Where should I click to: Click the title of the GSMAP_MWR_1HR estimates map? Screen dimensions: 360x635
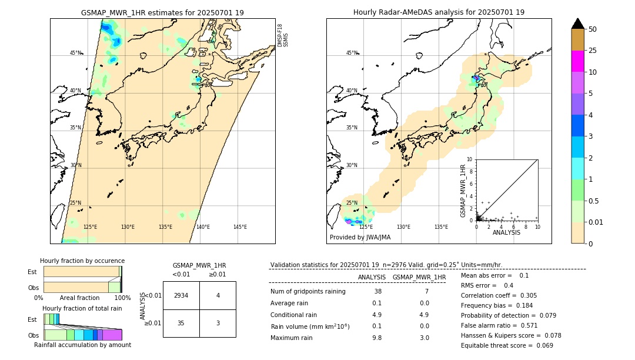162,12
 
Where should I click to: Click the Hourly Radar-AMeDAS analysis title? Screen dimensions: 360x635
439,12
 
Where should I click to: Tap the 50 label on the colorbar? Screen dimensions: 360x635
593,29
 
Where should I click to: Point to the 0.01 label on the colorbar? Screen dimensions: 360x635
596,222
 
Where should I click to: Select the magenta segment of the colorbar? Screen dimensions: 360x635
577,61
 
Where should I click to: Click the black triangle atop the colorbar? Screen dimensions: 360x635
577,24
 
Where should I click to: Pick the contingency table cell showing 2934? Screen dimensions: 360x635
181,295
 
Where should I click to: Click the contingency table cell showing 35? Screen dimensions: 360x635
181,323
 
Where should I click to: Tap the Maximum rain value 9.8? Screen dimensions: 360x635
377,338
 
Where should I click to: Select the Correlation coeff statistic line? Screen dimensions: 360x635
499,295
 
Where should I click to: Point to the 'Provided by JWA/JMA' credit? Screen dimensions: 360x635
360,238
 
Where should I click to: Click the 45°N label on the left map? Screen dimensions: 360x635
76,53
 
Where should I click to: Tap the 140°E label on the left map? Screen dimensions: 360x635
203,227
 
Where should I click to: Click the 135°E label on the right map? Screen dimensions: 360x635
441,227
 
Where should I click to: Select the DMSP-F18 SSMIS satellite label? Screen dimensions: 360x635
283,35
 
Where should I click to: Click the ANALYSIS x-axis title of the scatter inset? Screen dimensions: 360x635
506,232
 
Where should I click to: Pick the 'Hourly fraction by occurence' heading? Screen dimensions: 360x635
82,261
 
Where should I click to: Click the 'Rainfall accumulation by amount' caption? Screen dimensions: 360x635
82,345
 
